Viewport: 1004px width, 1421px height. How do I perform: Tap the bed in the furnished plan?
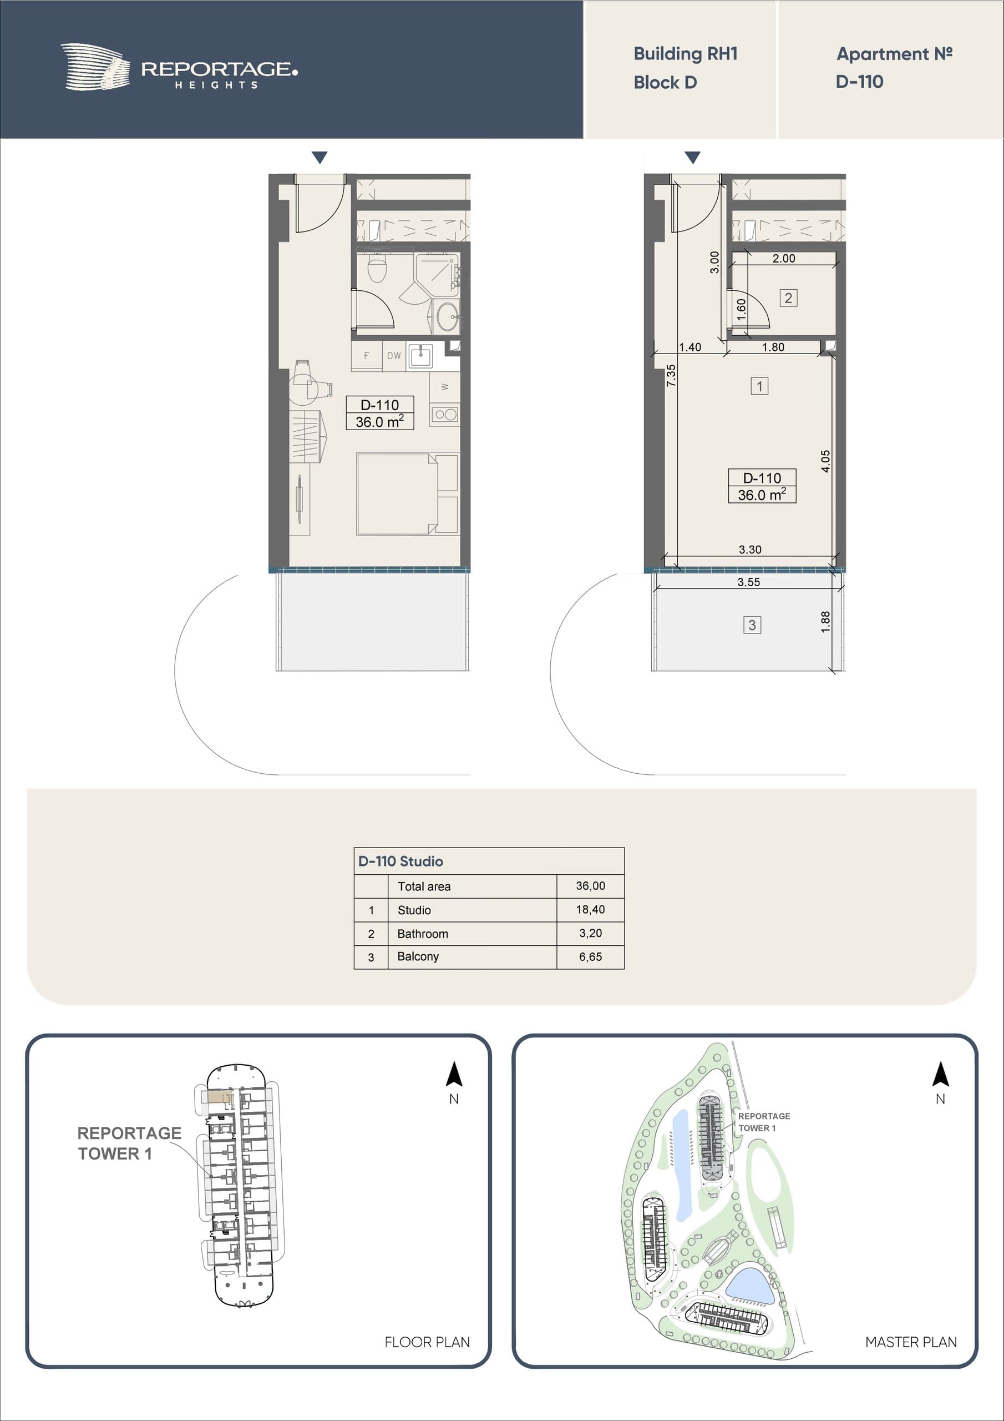tap(407, 494)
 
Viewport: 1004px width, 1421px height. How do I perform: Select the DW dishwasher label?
tap(394, 356)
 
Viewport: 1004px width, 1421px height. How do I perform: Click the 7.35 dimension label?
tap(671, 376)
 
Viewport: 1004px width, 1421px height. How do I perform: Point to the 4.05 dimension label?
tap(825, 461)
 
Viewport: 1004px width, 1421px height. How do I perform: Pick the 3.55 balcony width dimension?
tap(748, 582)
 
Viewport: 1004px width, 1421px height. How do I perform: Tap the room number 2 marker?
tap(788, 298)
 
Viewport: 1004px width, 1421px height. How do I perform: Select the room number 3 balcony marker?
tap(752, 625)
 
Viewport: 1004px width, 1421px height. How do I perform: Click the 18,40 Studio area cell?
tap(590, 909)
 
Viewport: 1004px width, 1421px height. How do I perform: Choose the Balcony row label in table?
tap(418, 956)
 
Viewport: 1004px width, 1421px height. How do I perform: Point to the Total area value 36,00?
tap(590, 886)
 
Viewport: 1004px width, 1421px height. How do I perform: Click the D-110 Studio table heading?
tap(401, 861)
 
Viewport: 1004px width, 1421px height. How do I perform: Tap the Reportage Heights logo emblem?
tap(95, 67)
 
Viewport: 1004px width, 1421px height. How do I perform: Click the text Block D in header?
tap(665, 82)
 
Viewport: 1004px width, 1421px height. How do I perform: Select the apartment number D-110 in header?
tap(859, 82)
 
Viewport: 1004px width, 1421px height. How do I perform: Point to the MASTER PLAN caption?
tap(911, 1342)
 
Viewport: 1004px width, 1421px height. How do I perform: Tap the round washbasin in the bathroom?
tap(447, 318)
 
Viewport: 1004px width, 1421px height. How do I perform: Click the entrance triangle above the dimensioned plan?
tap(693, 157)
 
